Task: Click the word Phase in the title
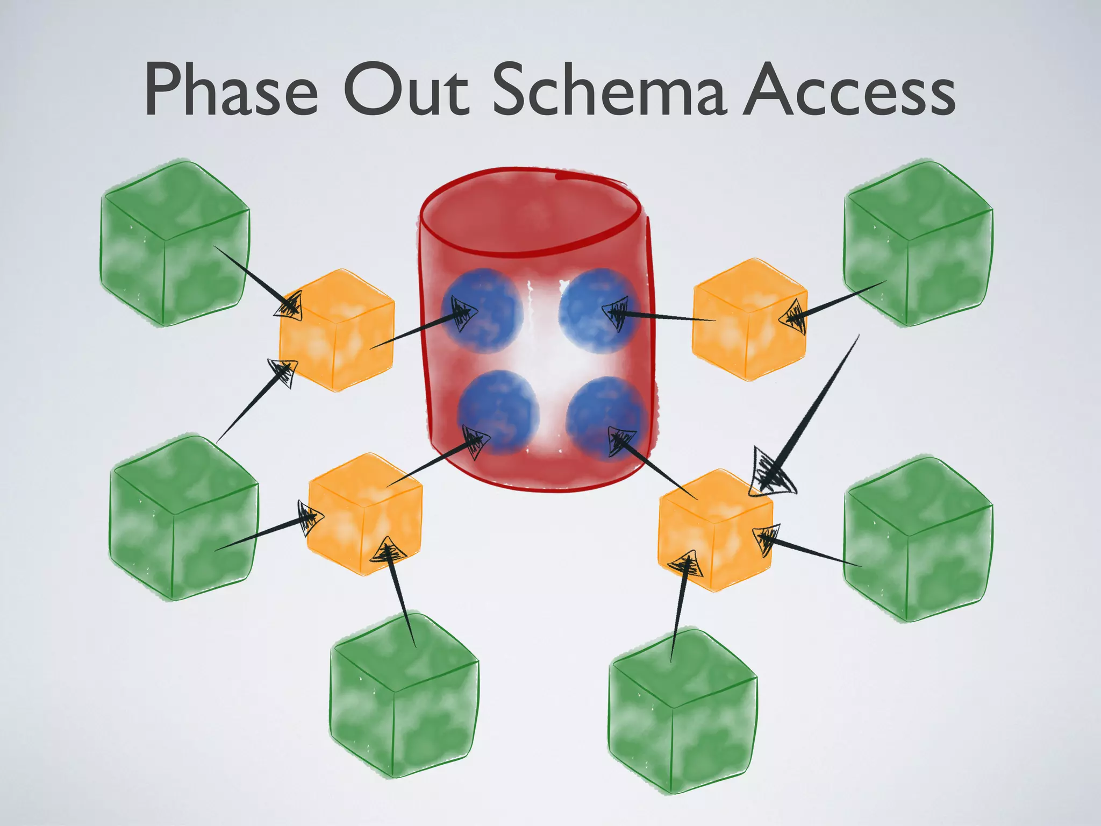tap(231, 90)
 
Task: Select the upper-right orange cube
tap(750, 319)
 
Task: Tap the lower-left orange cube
tap(365, 514)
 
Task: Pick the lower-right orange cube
tap(716, 530)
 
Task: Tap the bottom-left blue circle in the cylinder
tap(498, 412)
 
